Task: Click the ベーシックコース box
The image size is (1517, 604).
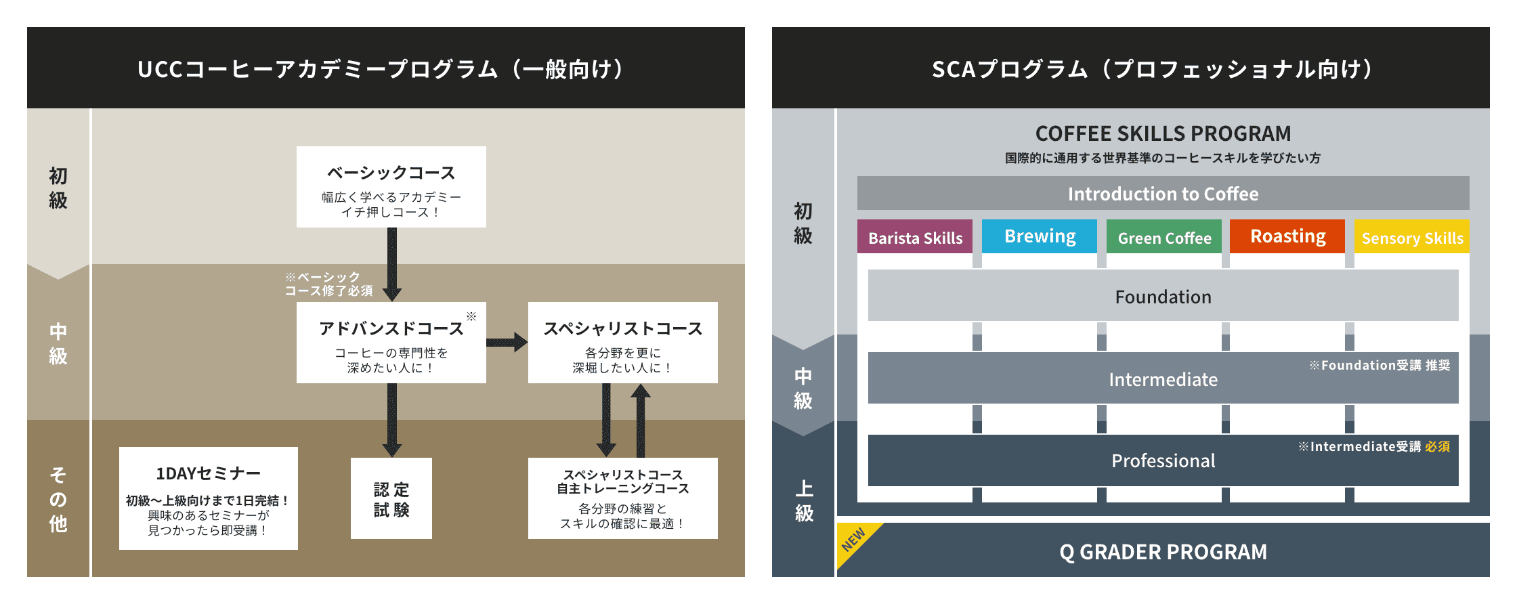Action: (391, 187)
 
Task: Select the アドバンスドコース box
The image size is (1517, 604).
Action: (391, 343)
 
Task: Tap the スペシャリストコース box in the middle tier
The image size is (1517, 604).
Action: (622, 343)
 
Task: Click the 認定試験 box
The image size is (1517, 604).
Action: (391, 498)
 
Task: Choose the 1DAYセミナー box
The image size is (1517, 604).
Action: (208, 498)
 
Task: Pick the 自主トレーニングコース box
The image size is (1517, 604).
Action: (622, 498)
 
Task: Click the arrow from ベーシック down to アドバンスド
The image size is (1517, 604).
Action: (391, 264)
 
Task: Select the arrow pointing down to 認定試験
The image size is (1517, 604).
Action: (391, 420)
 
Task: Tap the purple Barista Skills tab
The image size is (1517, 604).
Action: (915, 237)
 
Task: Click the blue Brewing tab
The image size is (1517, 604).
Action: (1040, 236)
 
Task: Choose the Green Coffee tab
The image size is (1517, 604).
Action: (1164, 237)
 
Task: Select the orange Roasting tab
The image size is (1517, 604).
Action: (1287, 236)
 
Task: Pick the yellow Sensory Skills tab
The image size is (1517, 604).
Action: (1412, 237)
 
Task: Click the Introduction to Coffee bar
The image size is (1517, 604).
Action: (1163, 194)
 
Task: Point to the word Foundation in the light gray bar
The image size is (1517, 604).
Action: (1163, 297)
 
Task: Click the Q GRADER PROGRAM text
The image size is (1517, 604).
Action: (1163, 552)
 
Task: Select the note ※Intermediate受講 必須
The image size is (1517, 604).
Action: (1373, 446)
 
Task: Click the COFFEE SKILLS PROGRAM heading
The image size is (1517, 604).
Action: (1163, 133)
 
